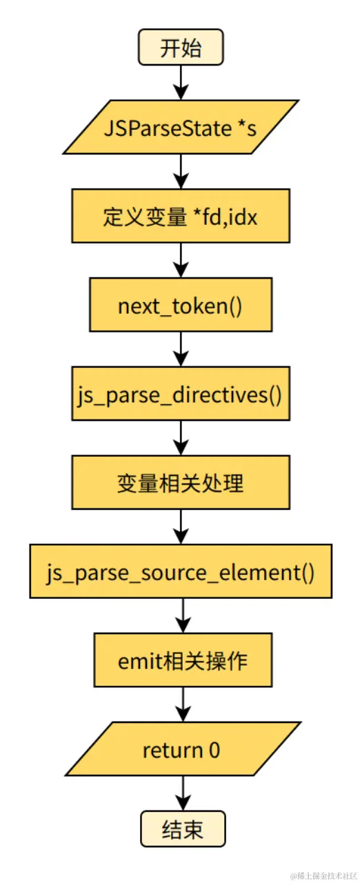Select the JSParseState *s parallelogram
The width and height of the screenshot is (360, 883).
pyautogui.click(x=181, y=127)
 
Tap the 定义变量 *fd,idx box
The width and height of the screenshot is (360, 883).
pyautogui.click(x=181, y=216)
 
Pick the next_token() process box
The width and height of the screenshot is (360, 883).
pyautogui.click(x=181, y=306)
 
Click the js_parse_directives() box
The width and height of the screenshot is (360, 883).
pyautogui.click(x=181, y=395)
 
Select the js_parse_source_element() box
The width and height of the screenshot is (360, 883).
pyautogui.click(x=181, y=572)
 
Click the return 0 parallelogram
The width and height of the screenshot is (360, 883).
pyautogui.click(x=183, y=749)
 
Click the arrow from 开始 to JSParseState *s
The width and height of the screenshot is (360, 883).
pyautogui.click(x=181, y=82)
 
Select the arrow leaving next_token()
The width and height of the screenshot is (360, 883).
pyautogui.click(x=181, y=349)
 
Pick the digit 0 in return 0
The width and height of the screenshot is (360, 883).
pyautogui.click(x=214, y=750)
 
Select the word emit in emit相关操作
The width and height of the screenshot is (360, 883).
pyautogui.click(x=140, y=662)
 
